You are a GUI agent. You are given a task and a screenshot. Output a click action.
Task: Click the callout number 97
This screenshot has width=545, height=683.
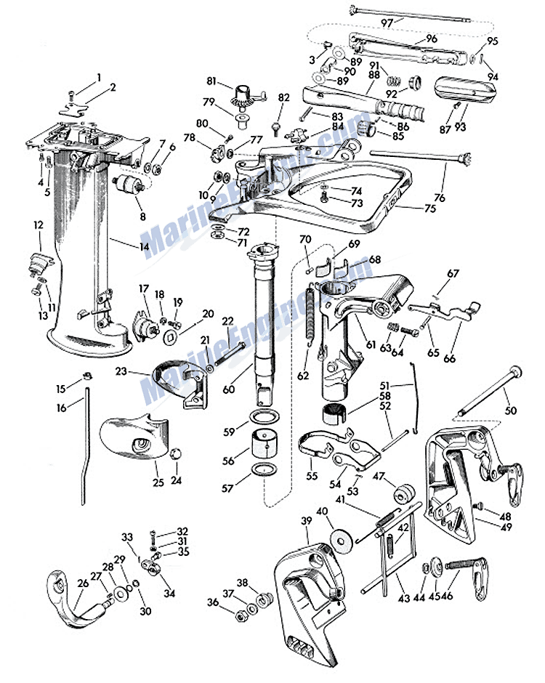[x=387, y=23]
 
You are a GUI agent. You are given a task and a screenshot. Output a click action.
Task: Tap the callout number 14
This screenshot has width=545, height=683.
[x=144, y=246]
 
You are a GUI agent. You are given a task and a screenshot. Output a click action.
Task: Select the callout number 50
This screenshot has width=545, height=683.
[x=511, y=410]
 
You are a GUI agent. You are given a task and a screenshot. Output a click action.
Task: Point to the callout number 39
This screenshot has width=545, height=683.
[x=307, y=520]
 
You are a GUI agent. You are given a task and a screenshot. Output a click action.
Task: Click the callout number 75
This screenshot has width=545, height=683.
[x=430, y=209]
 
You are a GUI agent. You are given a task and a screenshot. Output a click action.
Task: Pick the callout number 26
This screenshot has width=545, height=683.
[x=84, y=583]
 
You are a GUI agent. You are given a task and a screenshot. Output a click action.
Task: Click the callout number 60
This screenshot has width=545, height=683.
[x=229, y=389]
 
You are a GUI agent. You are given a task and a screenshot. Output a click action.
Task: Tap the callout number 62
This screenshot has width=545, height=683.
[x=303, y=375]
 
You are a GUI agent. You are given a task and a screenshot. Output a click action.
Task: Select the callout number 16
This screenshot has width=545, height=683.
[x=62, y=408]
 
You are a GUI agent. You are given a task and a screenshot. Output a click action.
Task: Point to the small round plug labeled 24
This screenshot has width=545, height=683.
[x=176, y=454]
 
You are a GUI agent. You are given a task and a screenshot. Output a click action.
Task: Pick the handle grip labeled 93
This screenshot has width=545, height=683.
[x=465, y=90]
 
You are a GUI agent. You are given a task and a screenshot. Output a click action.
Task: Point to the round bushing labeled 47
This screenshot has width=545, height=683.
[x=404, y=491]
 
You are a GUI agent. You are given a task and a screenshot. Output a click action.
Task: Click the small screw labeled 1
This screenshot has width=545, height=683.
[x=72, y=95]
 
